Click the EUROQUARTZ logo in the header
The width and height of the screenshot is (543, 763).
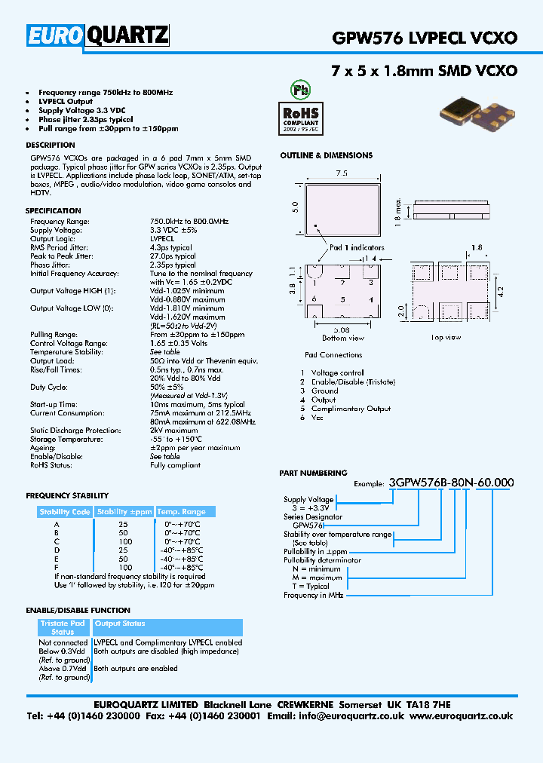99,36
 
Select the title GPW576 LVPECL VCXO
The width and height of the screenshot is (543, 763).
425,38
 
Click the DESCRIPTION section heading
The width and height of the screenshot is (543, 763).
51,145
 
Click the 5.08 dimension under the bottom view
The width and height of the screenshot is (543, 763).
342,329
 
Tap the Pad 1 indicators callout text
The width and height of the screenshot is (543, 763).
357,247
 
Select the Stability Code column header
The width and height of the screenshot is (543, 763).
65,512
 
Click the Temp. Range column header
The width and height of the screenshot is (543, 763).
181,512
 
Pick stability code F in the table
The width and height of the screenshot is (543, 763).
56,567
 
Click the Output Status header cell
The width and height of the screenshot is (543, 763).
120,624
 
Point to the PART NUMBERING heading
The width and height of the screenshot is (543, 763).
313,473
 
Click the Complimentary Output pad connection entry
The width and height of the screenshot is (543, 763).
351,409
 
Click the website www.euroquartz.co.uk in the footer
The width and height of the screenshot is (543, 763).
462,716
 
